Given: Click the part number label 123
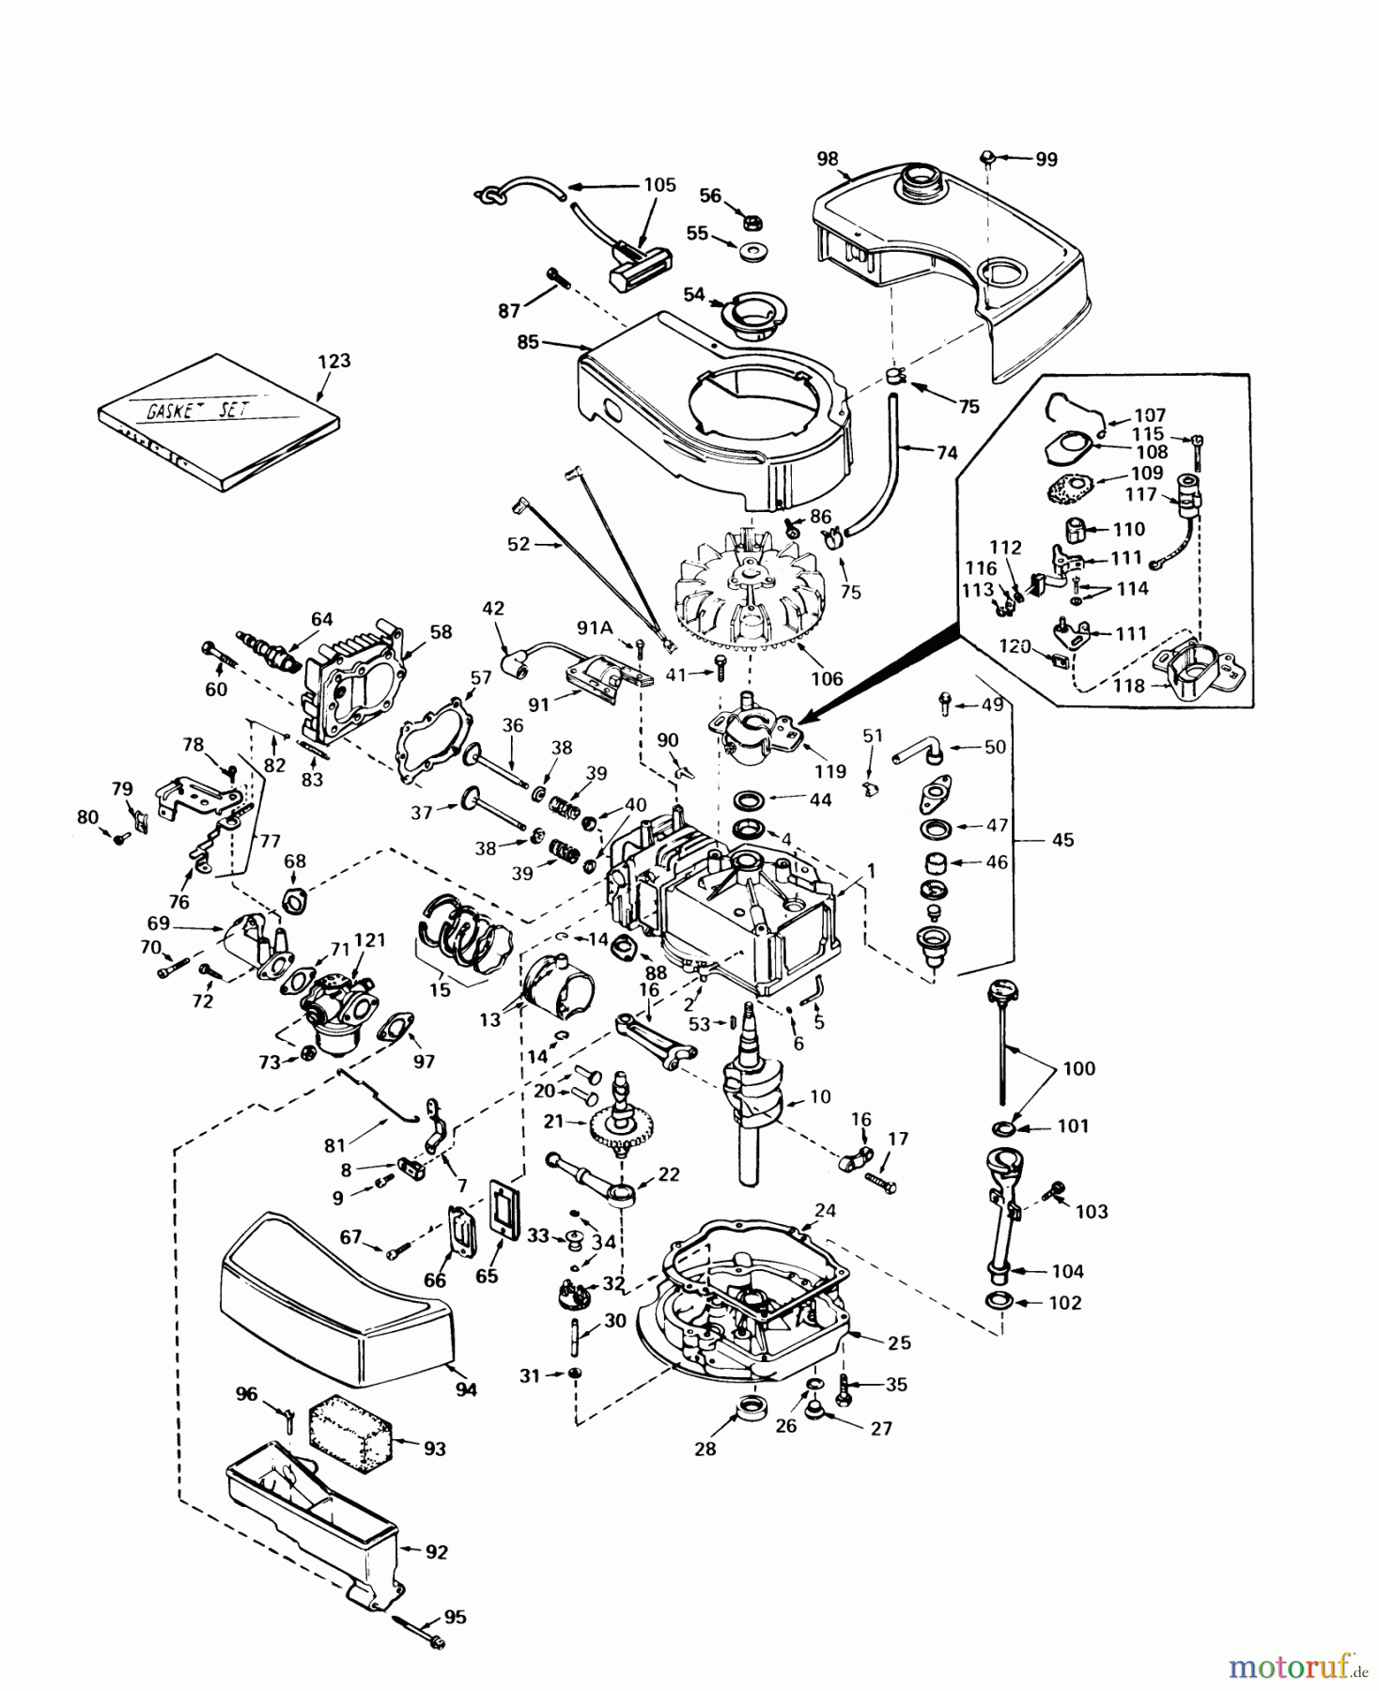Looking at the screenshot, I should click(x=333, y=361).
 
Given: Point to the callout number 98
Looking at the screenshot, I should click(x=828, y=159).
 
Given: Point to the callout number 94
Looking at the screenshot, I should click(x=466, y=1389).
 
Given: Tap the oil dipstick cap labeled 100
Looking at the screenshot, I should click(x=1002, y=993).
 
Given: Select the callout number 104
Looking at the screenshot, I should click(x=1067, y=1271).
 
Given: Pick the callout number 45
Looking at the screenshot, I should click(x=1062, y=839).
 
